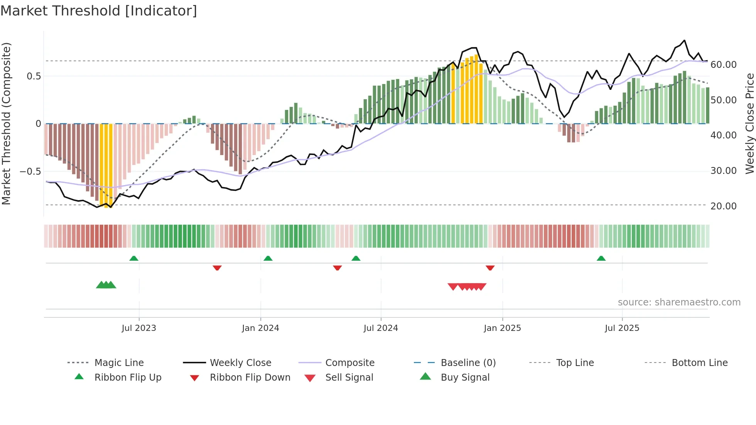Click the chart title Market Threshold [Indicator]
pyautogui.click(x=99, y=11)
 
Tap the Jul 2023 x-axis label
pyautogui.click(x=139, y=328)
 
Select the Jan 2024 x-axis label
pyautogui.click(x=260, y=328)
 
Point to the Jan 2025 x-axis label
pyautogui.click(x=502, y=328)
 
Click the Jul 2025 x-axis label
pyautogui.click(x=622, y=328)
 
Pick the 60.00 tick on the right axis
pyautogui.click(x=723, y=65)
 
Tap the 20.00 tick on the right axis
pyautogui.click(x=723, y=206)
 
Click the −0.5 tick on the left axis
pyautogui.click(x=30, y=171)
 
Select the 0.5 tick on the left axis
pyautogui.click(x=34, y=76)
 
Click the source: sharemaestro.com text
pyautogui.click(x=679, y=302)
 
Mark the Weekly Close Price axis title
pyautogui.click(x=749, y=123)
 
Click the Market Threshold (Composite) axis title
pyautogui.click(x=6, y=123)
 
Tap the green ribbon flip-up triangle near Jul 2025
pyautogui.click(x=601, y=258)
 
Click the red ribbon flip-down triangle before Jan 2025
pyautogui.click(x=490, y=268)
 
